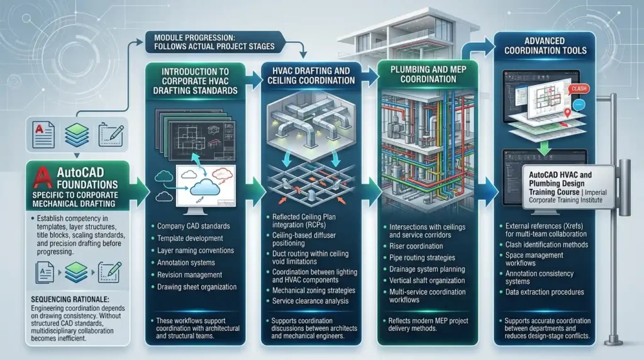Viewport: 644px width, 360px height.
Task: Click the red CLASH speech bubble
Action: (579, 89)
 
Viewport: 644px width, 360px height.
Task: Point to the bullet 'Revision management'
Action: (189, 275)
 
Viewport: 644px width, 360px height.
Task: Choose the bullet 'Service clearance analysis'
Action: (310, 301)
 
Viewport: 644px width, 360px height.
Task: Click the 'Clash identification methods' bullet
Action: (547, 245)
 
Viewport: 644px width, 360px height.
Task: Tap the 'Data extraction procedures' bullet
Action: (545, 292)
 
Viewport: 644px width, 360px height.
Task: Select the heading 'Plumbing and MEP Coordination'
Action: (428, 74)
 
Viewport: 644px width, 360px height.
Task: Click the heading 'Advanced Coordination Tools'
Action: (545, 45)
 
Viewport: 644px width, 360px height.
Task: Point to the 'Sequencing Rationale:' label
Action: (70, 300)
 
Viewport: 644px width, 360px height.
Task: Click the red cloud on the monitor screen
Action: (222, 174)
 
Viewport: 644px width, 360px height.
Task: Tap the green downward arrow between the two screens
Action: (544, 149)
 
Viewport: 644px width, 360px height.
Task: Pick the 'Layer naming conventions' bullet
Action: (195, 250)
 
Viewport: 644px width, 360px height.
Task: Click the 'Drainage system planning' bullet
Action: (427, 269)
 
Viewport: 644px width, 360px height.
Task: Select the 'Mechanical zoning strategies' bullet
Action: (313, 291)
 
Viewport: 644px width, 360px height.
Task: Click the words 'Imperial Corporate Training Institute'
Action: (568, 196)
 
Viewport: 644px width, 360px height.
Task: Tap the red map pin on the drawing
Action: (567, 113)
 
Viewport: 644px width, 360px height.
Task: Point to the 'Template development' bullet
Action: (190, 239)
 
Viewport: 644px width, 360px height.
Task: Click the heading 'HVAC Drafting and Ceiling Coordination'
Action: (311, 76)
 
